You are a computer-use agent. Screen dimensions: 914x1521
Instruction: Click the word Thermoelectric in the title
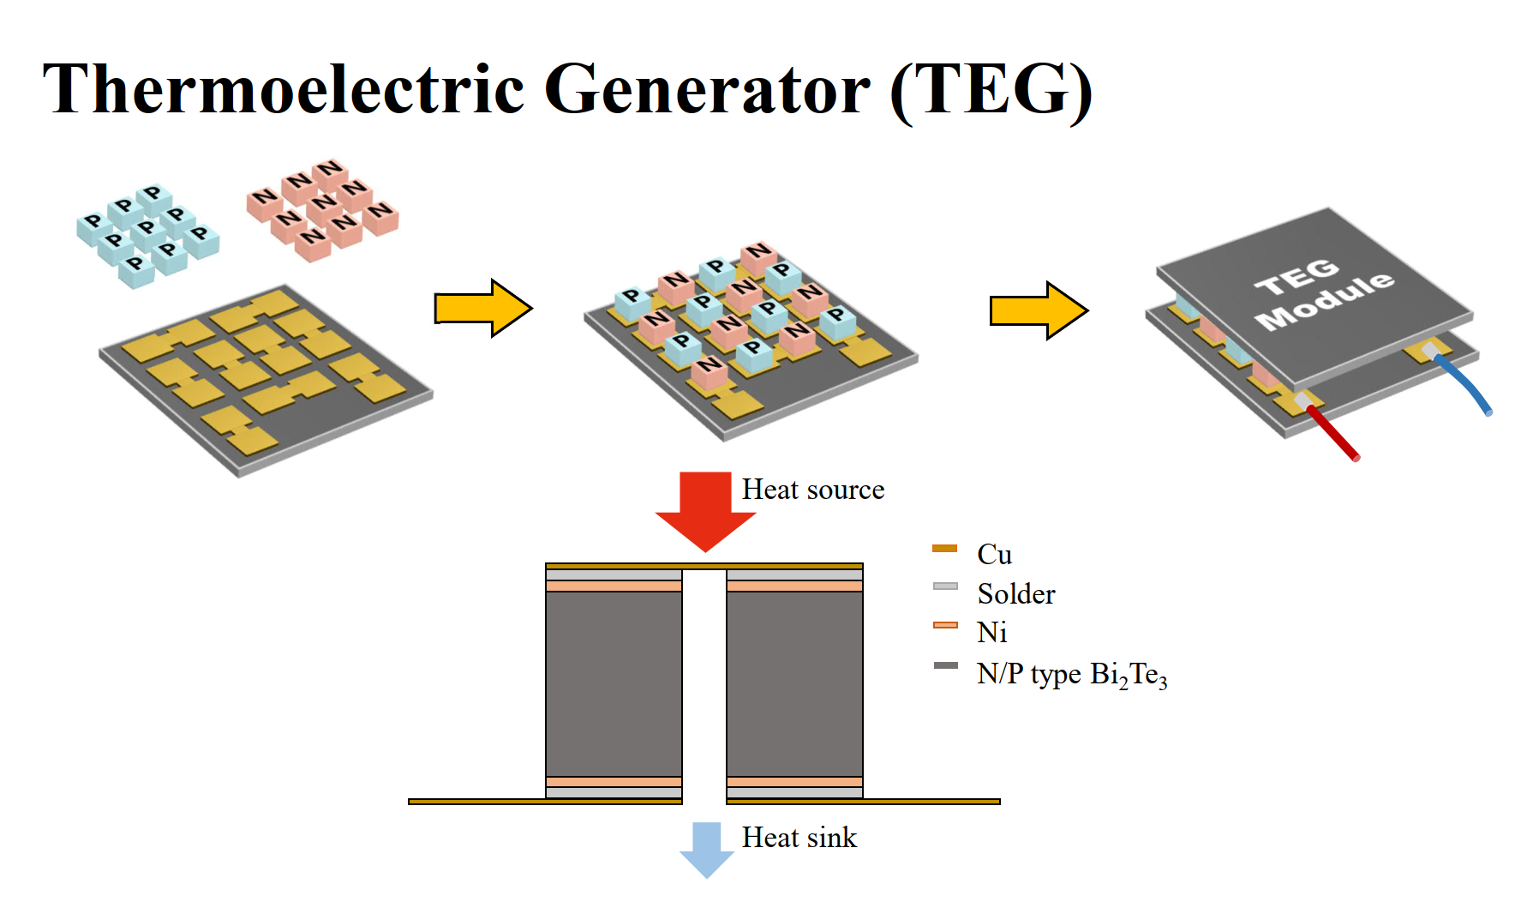(x=283, y=89)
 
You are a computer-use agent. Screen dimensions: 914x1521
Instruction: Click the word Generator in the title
(x=707, y=89)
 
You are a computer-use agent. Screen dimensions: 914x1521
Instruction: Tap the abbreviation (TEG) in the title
(x=991, y=91)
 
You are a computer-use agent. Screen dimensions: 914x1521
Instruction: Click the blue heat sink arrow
(x=706, y=849)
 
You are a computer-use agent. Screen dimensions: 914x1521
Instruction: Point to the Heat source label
(x=812, y=490)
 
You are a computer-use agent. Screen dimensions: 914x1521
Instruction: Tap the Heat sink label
(x=799, y=838)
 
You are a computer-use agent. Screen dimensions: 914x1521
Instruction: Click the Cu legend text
(x=994, y=555)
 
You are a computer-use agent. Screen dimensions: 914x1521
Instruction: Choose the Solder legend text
(x=1015, y=593)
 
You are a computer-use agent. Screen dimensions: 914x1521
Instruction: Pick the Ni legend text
(x=991, y=633)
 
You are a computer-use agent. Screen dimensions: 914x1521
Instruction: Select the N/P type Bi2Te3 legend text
(x=1071, y=675)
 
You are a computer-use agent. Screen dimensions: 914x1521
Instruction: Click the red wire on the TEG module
(x=1332, y=433)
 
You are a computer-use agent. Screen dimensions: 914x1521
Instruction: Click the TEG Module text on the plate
(x=1322, y=292)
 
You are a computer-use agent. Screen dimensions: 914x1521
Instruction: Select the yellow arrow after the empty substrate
(x=482, y=308)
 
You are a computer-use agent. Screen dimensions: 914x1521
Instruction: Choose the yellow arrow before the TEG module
(x=1038, y=310)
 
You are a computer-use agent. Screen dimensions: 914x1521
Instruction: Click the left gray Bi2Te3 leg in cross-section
(x=614, y=683)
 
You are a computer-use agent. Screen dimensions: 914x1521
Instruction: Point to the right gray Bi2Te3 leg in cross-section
(x=794, y=683)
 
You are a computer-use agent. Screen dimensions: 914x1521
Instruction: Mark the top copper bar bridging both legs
(x=704, y=566)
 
